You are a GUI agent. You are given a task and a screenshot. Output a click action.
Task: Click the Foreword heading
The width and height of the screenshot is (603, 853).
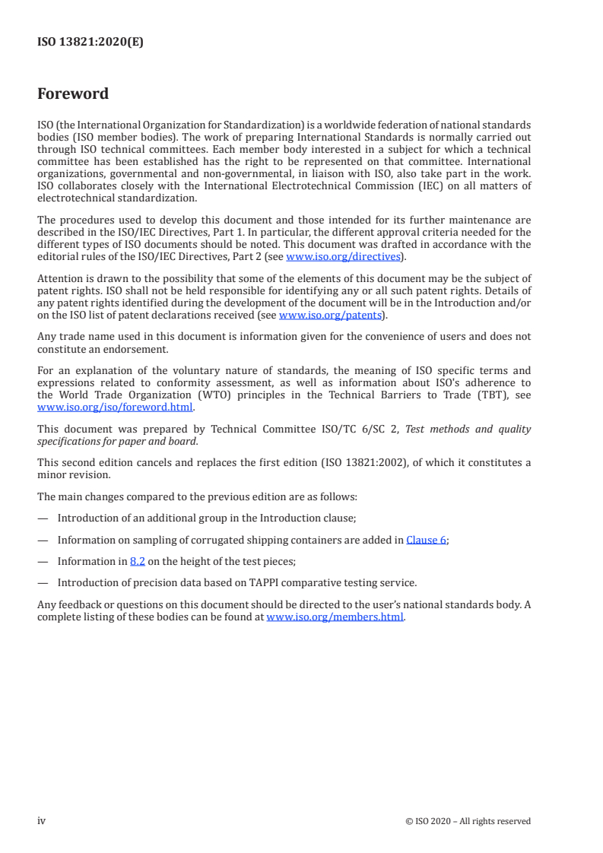(73, 94)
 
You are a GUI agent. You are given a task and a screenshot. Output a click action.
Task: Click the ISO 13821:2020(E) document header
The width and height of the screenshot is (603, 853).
(90, 43)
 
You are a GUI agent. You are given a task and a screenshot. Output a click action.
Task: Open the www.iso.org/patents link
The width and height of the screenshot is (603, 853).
(332, 315)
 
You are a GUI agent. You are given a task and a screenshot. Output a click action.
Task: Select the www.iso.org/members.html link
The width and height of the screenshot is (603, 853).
(335, 617)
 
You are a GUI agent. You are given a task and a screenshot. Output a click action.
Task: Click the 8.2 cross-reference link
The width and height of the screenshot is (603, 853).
(137, 561)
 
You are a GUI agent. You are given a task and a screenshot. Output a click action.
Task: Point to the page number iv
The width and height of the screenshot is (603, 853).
(42, 820)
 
